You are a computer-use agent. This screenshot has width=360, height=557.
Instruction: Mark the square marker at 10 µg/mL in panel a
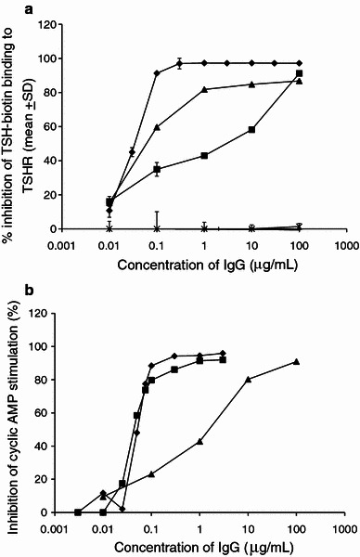(x=251, y=129)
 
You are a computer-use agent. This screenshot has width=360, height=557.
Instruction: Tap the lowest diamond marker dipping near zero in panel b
(x=122, y=509)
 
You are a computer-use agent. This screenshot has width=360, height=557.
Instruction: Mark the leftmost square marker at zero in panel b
(x=78, y=512)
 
